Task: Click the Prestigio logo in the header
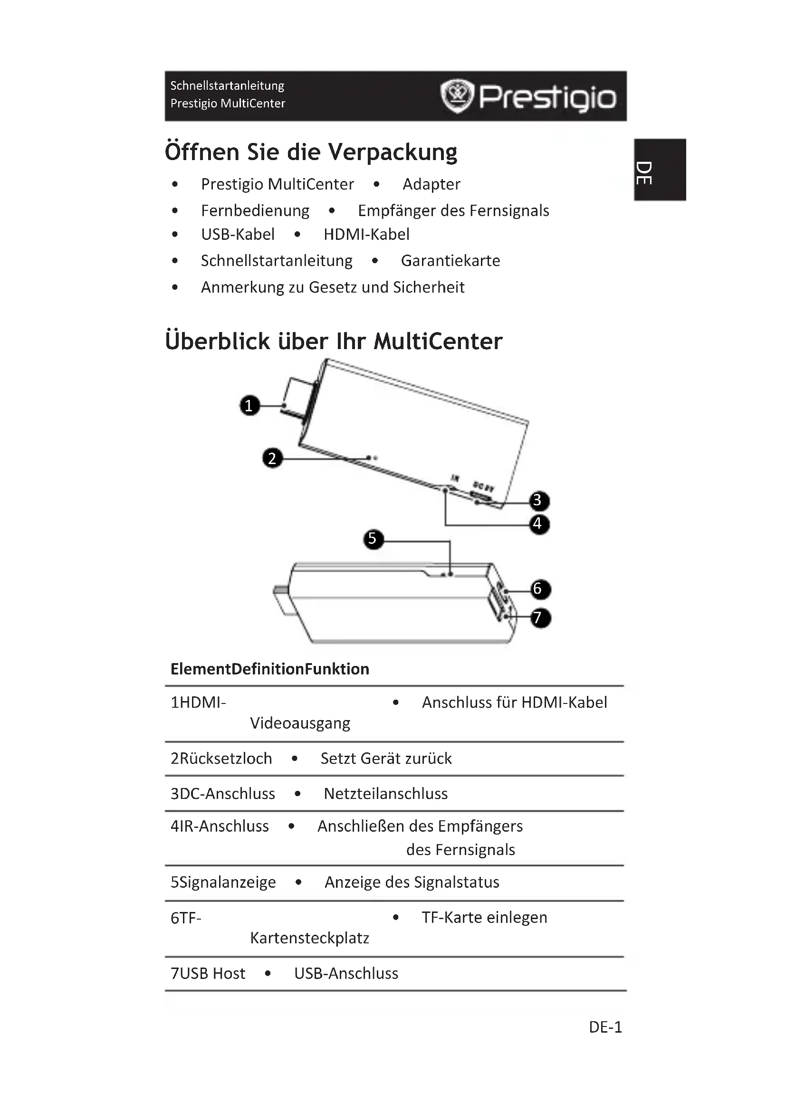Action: (x=528, y=96)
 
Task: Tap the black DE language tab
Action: (x=661, y=170)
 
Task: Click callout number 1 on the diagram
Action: (x=249, y=406)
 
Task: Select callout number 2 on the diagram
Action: (x=272, y=458)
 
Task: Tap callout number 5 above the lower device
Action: (x=372, y=539)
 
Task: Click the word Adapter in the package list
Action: (x=431, y=184)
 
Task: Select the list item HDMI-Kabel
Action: (x=366, y=235)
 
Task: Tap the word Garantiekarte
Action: (x=450, y=261)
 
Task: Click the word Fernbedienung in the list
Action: (x=255, y=211)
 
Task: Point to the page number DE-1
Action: (x=605, y=1027)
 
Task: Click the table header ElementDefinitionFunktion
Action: (x=269, y=669)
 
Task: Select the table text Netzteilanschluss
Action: (x=385, y=794)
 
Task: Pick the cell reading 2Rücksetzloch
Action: (x=221, y=759)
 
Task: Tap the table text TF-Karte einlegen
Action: (x=484, y=918)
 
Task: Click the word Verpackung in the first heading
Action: (x=393, y=152)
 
